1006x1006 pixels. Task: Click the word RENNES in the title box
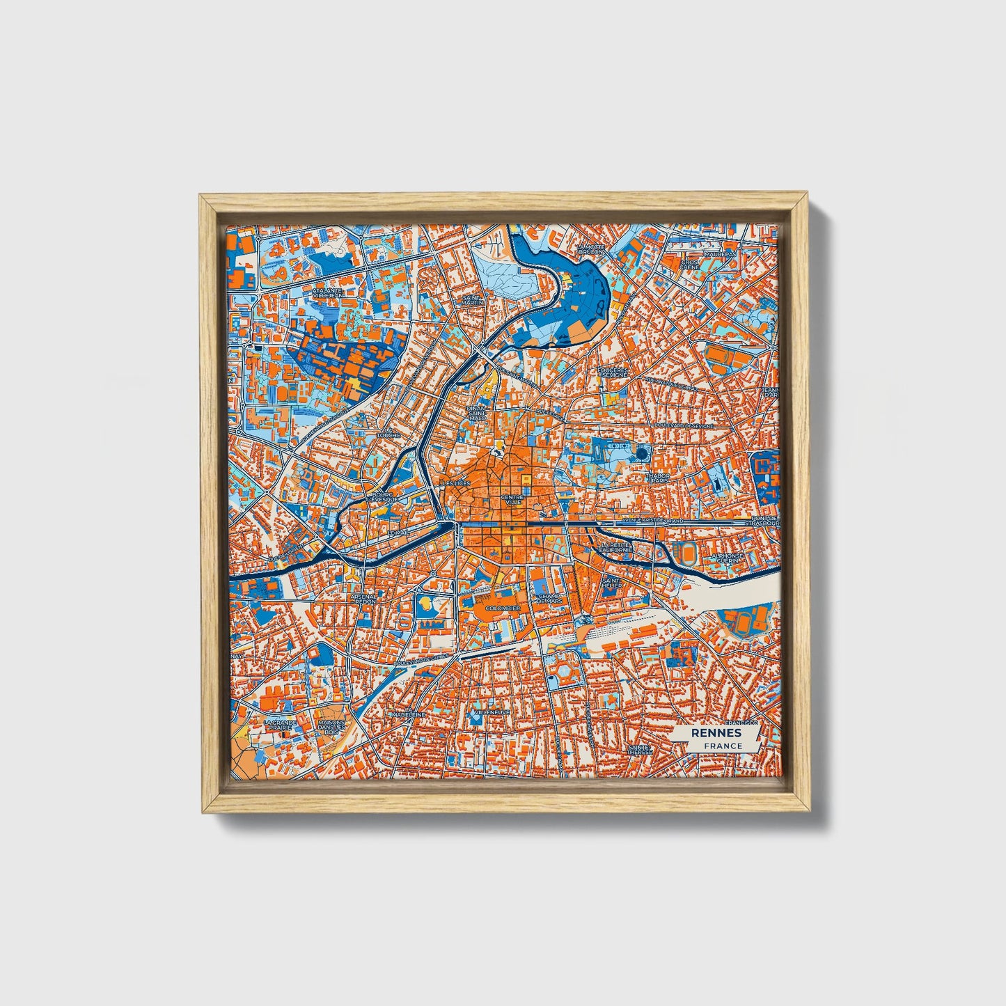[716, 734]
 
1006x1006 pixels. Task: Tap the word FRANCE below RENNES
[723, 746]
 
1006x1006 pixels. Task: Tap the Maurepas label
[720, 255]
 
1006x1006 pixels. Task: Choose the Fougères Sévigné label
[613, 372]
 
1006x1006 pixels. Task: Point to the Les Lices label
[457, 482]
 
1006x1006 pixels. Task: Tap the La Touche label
[388, 432]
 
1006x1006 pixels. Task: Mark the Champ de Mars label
[549, 599]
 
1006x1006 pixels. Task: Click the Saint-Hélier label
[612, 582]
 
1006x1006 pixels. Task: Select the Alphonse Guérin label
[728, 558]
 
